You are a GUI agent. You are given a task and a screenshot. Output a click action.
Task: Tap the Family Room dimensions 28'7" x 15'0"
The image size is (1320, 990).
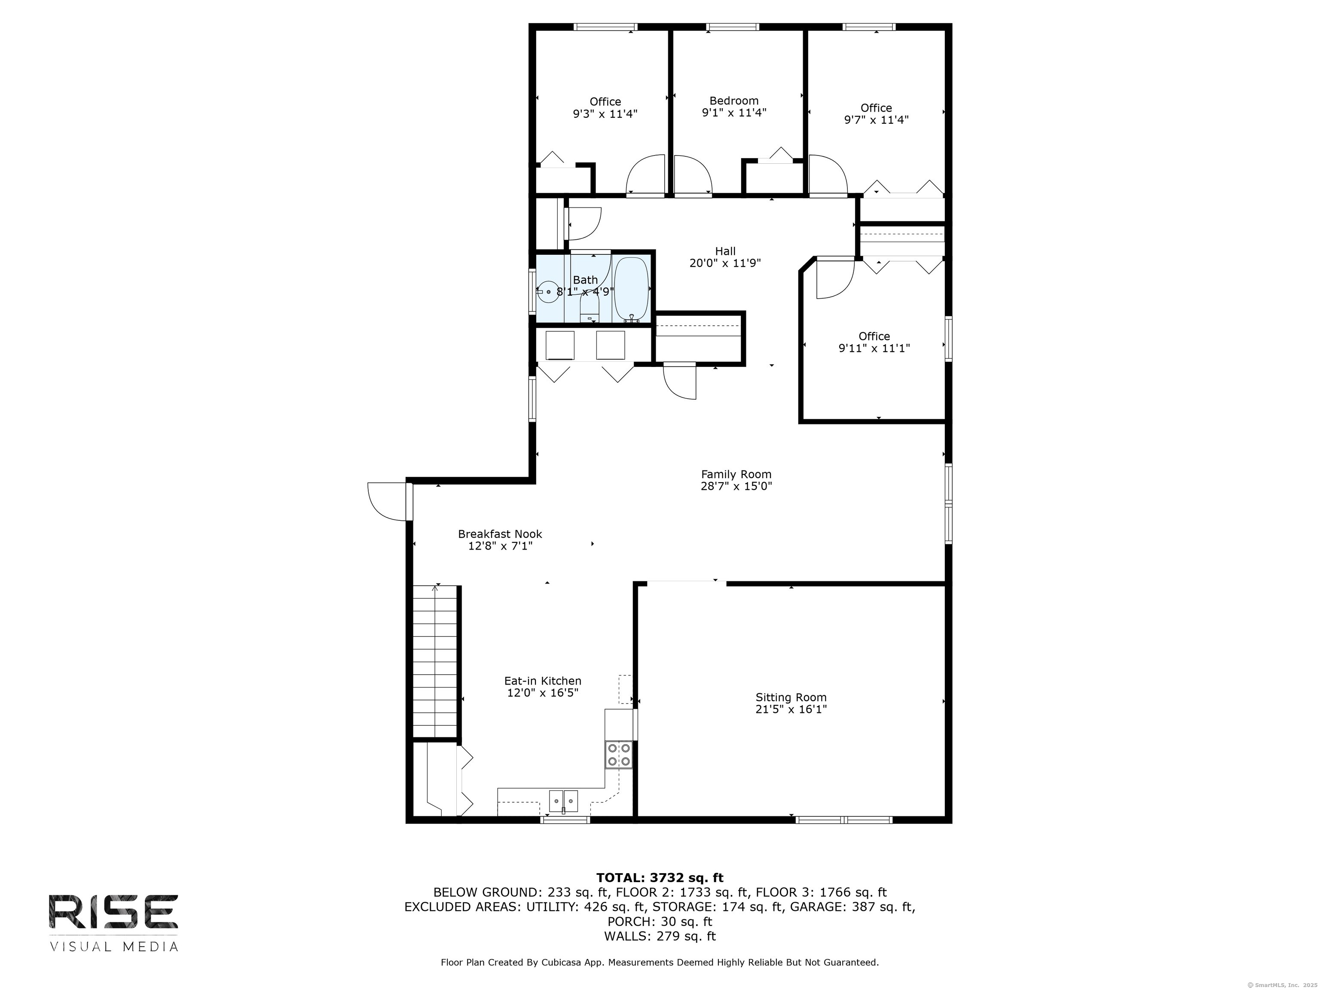coord(736,486)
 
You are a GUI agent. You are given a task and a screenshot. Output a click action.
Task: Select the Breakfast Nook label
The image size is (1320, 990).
coord(500,534)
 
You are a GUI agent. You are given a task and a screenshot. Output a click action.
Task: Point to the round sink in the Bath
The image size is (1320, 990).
coord(548,292)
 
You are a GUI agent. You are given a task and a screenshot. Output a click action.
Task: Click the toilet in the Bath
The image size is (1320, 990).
coord(590,309)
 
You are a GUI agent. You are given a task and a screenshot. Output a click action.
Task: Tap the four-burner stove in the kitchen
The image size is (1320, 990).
coord(619,754)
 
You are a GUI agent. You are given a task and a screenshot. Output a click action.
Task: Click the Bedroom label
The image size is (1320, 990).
coord(734,101)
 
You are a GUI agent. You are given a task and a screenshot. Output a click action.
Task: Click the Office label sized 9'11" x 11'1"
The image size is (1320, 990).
coord(874,336)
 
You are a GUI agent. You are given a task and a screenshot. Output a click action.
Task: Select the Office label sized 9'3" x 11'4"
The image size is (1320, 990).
coord(605,102)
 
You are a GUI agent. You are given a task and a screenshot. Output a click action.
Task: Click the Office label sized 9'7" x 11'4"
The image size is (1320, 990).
coord(876,108)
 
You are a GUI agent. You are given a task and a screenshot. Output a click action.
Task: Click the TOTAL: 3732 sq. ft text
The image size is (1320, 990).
coord(660,878)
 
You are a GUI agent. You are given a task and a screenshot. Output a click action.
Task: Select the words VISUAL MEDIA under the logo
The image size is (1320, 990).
coord(114,947)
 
